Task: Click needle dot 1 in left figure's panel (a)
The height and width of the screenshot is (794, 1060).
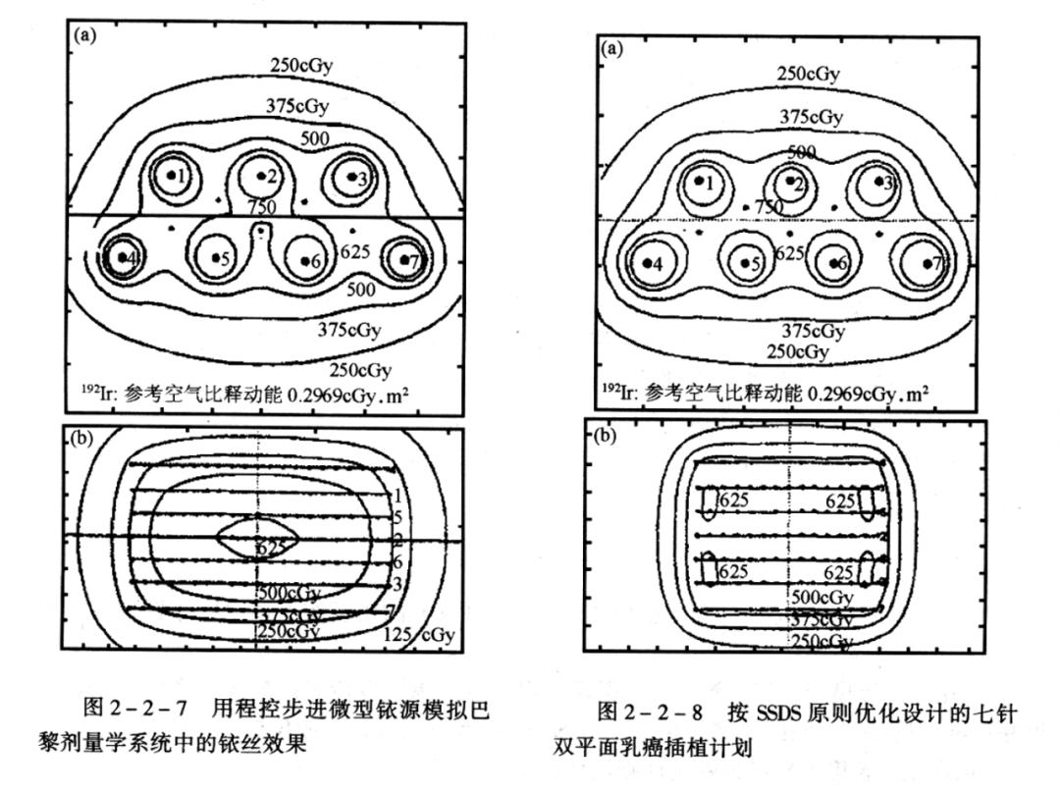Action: point(172,175)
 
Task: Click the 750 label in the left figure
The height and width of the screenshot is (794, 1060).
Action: point(261,208)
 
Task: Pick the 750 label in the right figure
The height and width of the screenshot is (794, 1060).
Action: point(768,206)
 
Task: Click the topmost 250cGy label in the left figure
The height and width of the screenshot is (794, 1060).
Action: point(301,65)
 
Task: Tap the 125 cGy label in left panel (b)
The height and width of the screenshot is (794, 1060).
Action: point(419,634)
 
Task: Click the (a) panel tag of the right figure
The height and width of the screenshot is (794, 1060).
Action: point(610,48)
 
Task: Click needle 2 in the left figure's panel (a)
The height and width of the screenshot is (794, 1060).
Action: point(261,177)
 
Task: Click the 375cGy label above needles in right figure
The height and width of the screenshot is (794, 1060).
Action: point(811,117)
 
